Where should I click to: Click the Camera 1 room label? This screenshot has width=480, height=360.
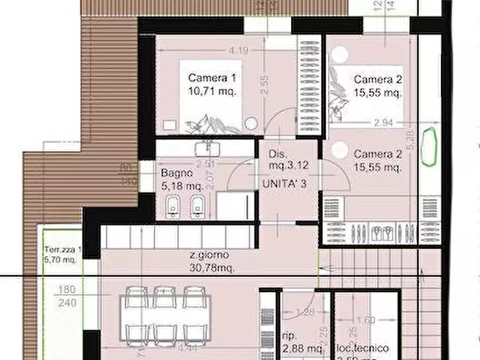pyautogui.click(x=212, y=78)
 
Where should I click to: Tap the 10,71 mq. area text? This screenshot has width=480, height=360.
pyautogui.click(x=212, y=91)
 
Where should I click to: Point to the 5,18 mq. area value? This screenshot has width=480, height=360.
pyautogui.click(x=182, y=186)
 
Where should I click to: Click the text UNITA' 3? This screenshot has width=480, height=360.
pyautogui.click(x=284, y=184)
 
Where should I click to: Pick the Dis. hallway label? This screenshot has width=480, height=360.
pyautogui.click(x=280, y=153)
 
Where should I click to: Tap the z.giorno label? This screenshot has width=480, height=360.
pyautogui.click(x=210, y=255)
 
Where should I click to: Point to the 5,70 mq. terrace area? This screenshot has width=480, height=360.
pyautogui.click(x=61, y=260)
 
